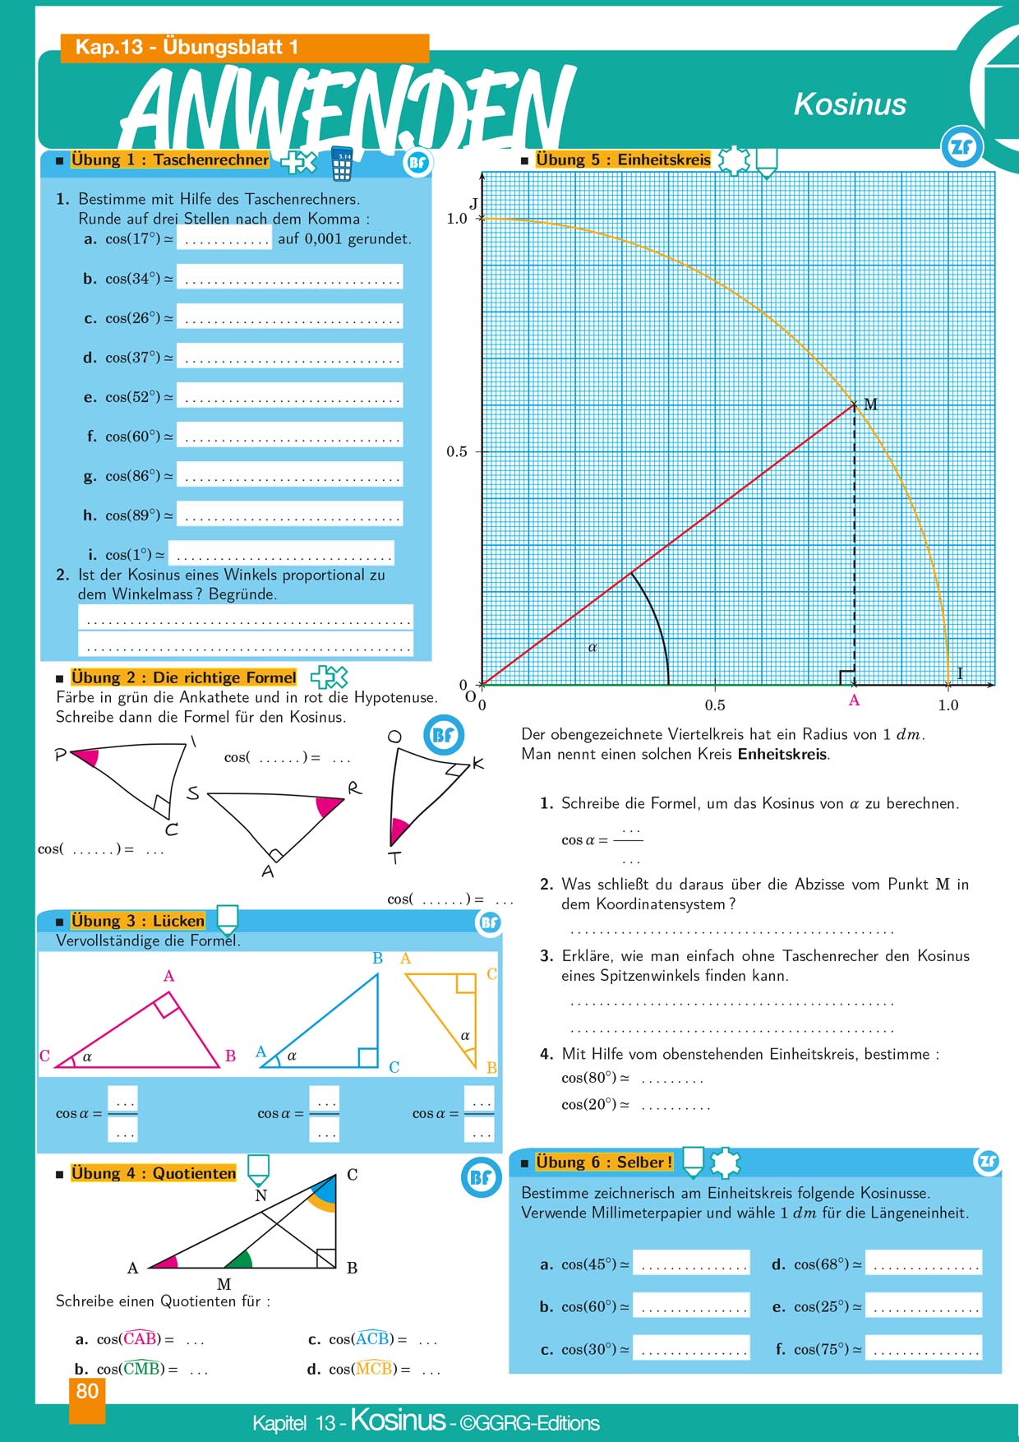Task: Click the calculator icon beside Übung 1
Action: pyautogui.click(x=342, y=164)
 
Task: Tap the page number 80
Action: pyautogui.click(x=87, y=1391)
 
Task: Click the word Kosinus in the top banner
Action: pyautogui.click(x=850, y=104)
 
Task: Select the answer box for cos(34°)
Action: pyautogui.click(x=290, y=277)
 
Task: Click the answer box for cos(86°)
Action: pyautogui.click(x=290, y=474)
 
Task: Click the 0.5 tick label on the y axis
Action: pyautogui.click(x=457, y=451)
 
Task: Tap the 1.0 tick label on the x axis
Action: pyautogui.click(x=948, y=705)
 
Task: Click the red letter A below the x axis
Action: pyautogui.click(x=854, y=700)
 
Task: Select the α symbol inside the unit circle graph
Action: pyautogui.click(x=592, y=647)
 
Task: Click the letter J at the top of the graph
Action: pyautogui.click(x=473, y=204)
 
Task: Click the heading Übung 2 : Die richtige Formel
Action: pyautogui.click(x=183, y=677)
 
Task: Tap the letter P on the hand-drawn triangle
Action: pyautogui.click(x=60, y=755)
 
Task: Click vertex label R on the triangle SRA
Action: pyautogui.click(x=354, y=788)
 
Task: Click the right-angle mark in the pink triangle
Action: pyautogui.click(x=168, y=1004)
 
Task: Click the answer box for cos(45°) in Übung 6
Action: pyautogui.click(x=691, y=1263)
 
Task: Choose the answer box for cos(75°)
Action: pyautogui.click(x=924, y=1348)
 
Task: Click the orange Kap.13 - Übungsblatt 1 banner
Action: pyautogui.click(x=245, y=48)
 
